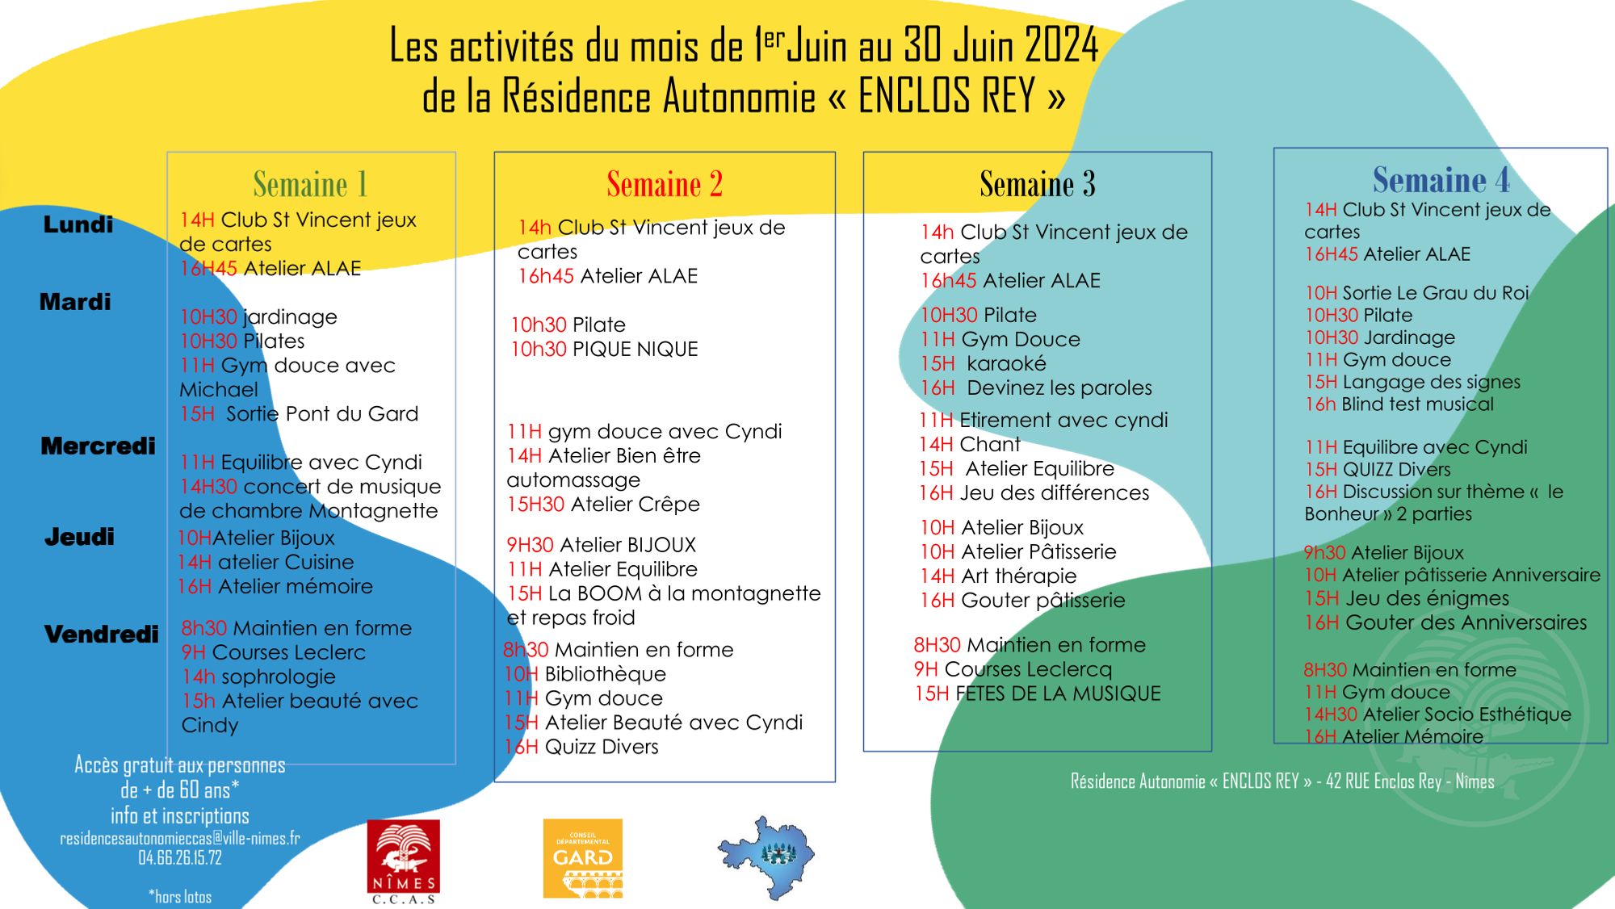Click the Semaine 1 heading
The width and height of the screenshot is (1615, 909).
[310, 184]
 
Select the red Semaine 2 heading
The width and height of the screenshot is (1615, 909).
[664, 184]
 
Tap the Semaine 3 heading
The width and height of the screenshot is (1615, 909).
[1037, 184]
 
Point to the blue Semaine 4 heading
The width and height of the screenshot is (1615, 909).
[1441, 179]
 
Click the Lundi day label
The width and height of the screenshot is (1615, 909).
[78, 224]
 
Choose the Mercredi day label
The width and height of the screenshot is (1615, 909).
[98, 446]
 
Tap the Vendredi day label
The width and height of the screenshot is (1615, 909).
[101, 635]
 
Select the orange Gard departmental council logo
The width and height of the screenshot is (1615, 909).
[582, 858]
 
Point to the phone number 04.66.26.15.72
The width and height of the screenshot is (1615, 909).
[179, 857]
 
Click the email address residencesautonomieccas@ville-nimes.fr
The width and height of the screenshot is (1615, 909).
[179, 838]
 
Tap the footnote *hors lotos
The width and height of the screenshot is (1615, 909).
[179, 896]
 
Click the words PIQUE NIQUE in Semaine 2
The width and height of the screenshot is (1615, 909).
[635, 349]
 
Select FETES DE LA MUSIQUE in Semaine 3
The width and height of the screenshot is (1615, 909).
[1058, 693]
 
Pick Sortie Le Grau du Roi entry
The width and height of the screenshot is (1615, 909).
[1435, 293]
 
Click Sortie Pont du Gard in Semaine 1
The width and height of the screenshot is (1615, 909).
[321, 414]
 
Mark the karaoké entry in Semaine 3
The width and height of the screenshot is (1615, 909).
[1005, 364]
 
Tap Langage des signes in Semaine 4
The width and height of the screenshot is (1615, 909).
[1430, 382]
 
